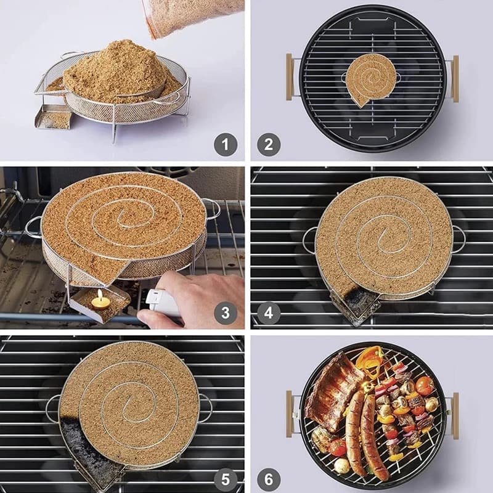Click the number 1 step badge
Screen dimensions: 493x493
(x=226, y=145)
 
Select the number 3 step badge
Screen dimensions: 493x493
(x=226, y=313)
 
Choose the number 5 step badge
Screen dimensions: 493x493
(x=226, y=479)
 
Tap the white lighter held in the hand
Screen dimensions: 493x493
(x=162, y=303)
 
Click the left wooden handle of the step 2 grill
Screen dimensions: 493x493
(x=289, y=78)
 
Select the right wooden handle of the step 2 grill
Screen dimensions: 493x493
(x=455, y=78)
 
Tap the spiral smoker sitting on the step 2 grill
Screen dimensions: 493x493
(x=370, y=78)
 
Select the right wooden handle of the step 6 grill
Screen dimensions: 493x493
(x=455, y=415)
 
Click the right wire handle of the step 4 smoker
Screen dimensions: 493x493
(x=459, y=240)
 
